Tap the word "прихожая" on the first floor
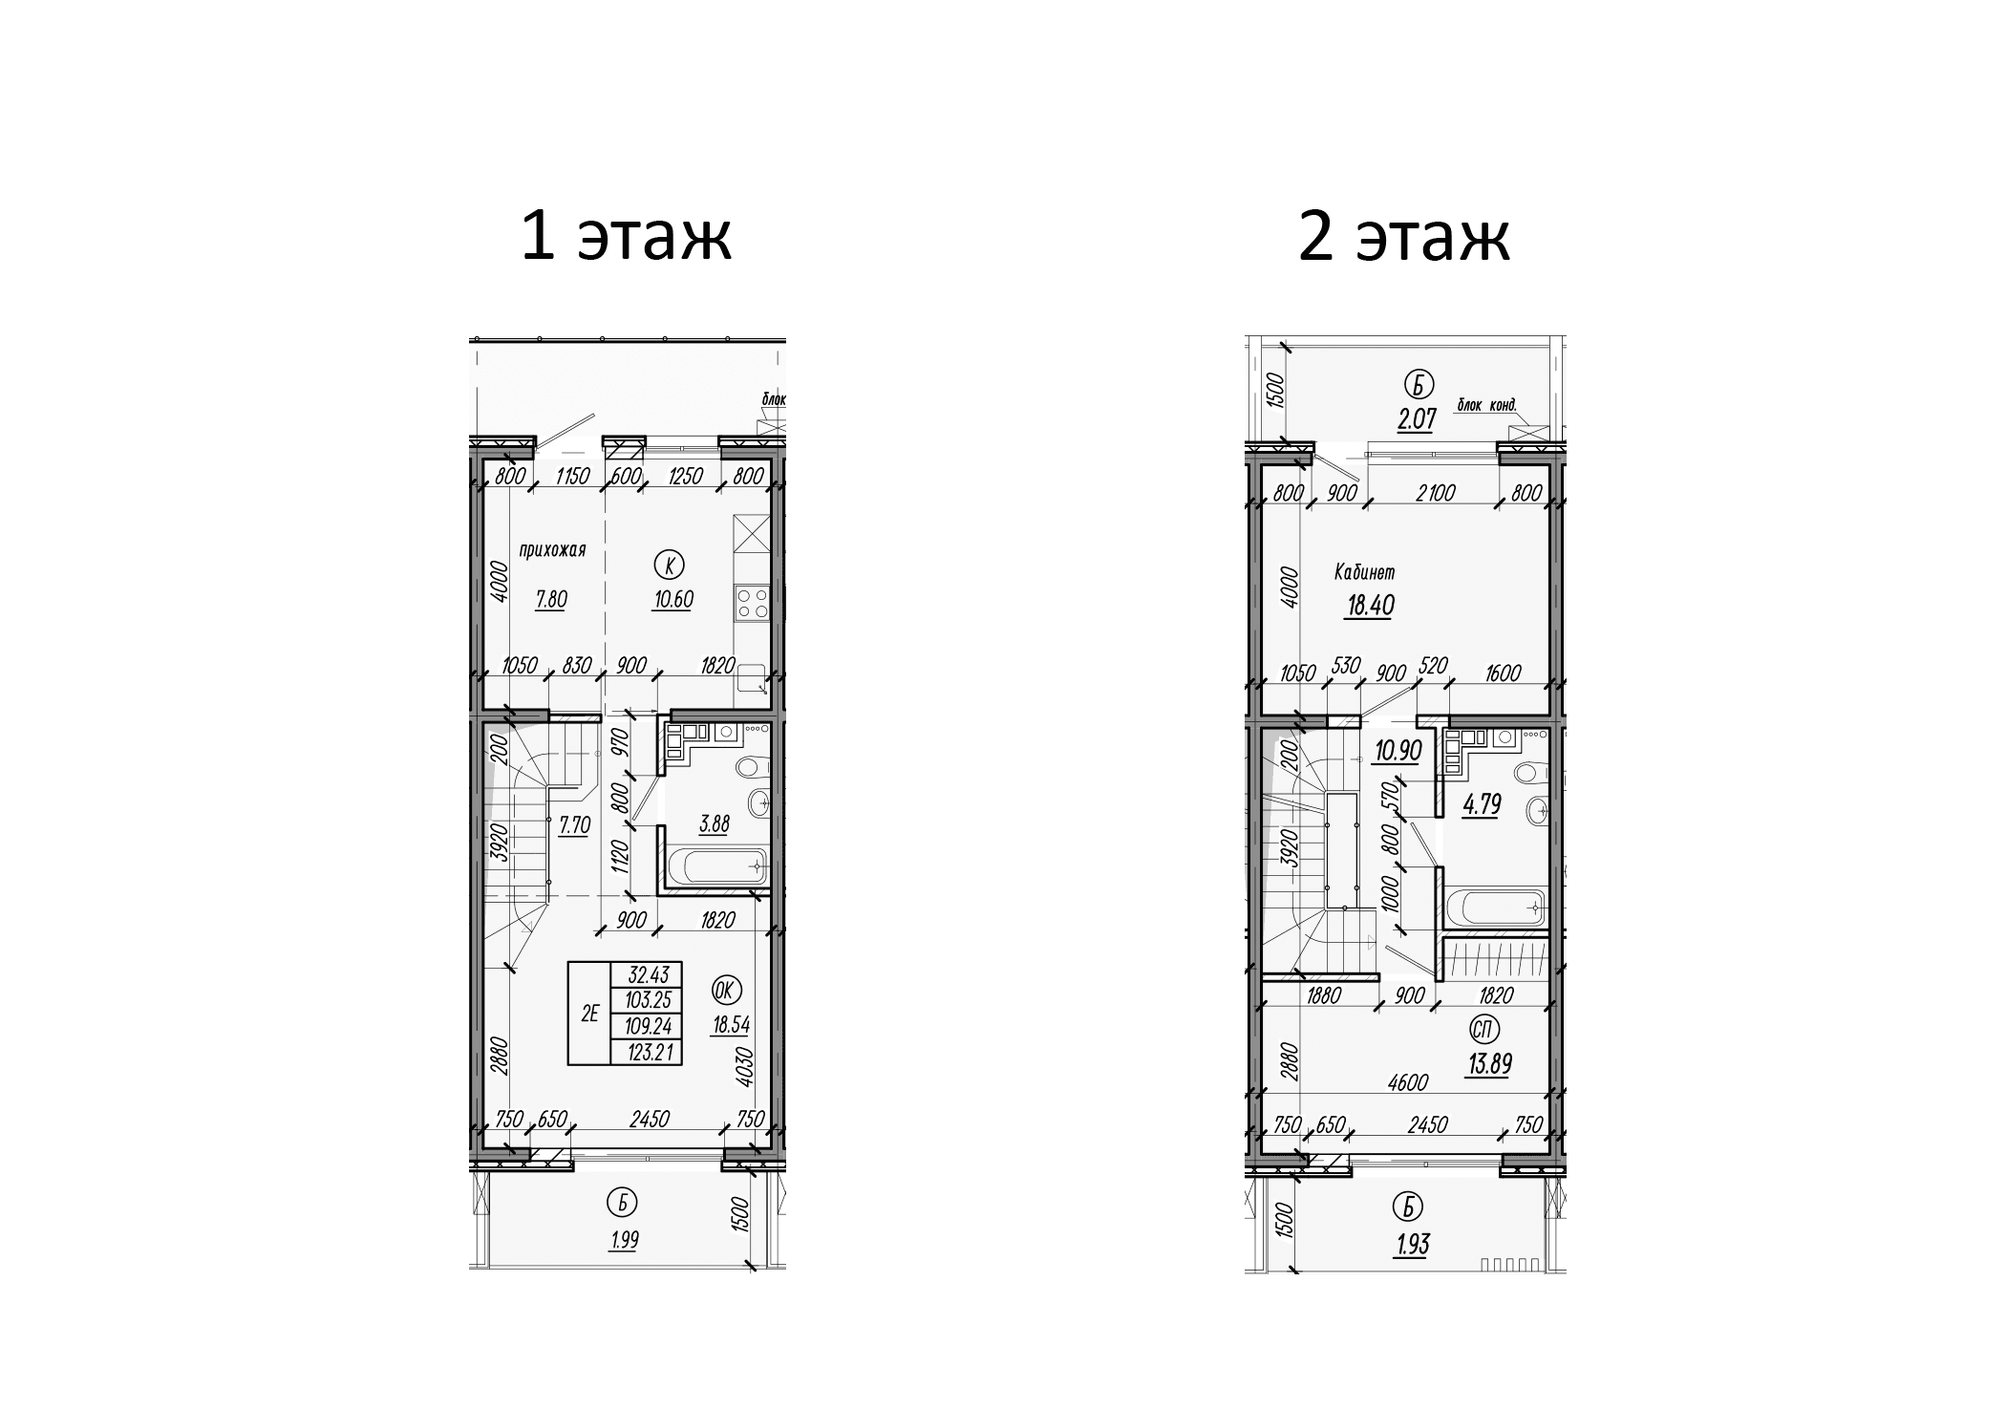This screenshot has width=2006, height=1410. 551,550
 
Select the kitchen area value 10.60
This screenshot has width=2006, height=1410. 672,600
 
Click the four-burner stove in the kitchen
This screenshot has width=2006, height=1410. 753,603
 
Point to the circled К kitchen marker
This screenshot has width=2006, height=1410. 668,566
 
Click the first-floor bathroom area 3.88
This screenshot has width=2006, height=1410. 714,823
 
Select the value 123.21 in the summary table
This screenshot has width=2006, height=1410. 650,1053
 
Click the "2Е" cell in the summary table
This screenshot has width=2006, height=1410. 589,1015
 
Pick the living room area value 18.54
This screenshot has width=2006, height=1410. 731,1026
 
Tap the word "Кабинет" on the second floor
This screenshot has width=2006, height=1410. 1365,573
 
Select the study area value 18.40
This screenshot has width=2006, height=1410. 1369,606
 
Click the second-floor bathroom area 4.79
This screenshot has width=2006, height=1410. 1483,804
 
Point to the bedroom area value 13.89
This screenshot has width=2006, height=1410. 1489,1063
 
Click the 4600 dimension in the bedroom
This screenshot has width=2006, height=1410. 1408,1082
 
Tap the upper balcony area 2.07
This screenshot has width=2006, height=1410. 1417,419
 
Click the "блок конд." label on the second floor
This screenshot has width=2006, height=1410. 1486,405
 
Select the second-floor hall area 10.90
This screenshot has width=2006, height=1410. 1398,751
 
